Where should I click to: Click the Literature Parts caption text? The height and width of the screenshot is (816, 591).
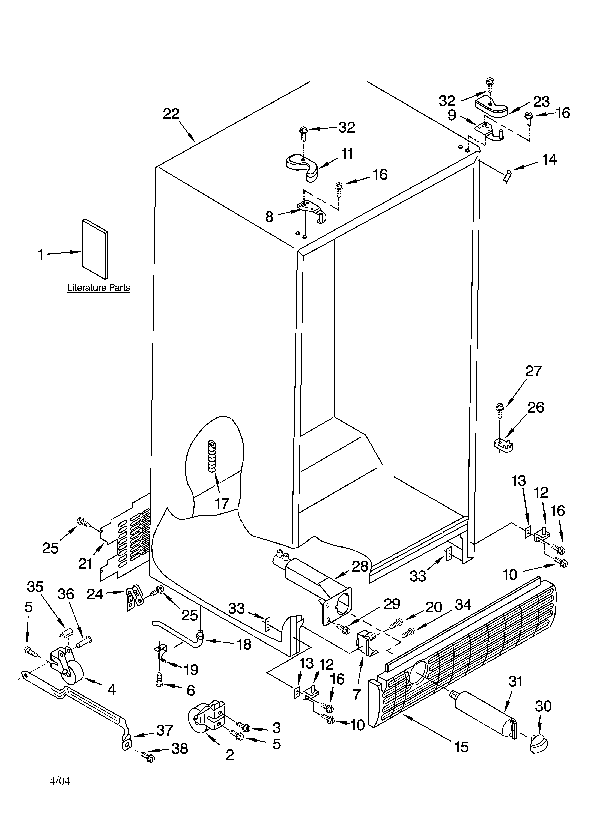pyautogui.click(x=99, y=288)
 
